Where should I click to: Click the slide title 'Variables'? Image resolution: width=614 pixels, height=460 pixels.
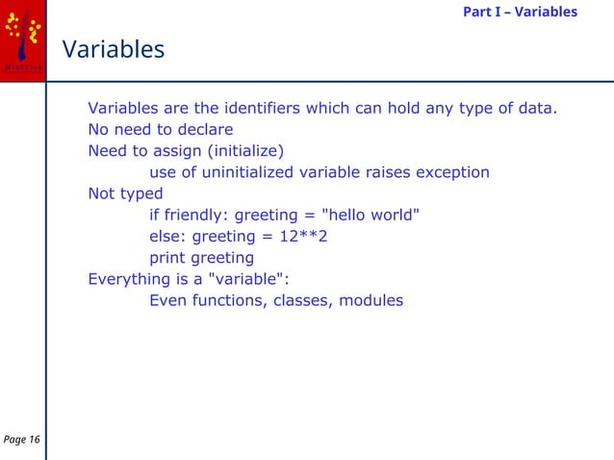114,49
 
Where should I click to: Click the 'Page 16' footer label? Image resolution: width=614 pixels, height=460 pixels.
22,440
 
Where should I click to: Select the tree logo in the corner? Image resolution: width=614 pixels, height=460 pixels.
22,37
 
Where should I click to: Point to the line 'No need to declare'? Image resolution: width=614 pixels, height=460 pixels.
161,129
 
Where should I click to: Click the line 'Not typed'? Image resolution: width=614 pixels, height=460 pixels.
125,193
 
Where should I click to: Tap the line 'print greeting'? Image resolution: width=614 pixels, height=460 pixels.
201,258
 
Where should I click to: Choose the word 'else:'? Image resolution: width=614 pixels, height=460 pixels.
168,237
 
